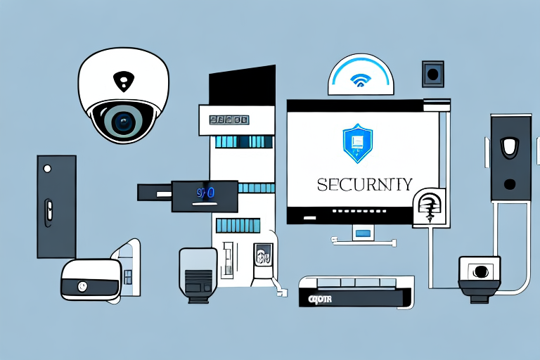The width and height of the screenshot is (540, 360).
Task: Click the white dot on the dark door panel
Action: click(x=47, y=169)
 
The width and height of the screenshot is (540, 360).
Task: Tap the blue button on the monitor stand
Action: click(x=363, y=232)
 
